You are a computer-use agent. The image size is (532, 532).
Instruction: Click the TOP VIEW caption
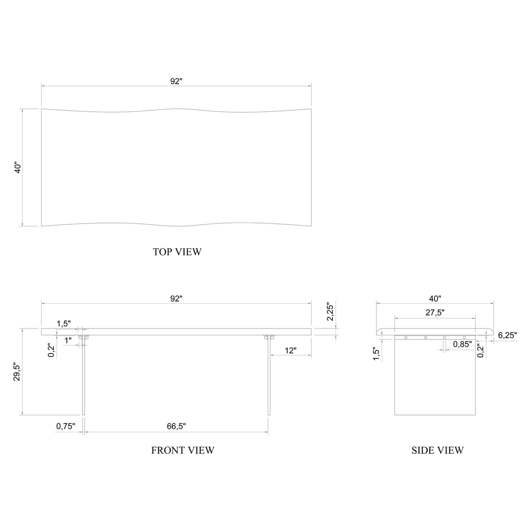tap(177, 252)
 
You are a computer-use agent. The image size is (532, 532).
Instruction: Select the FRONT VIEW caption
tap(183, 450)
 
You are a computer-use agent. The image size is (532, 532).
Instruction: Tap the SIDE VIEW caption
tap(437, 450)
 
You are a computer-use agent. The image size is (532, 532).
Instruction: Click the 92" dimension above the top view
tap(176, 81)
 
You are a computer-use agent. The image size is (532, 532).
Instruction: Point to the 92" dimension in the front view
tap(176, 298)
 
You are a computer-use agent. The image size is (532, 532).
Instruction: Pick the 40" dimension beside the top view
tap(18, 167)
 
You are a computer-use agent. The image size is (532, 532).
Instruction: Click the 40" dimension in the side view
tap(435, 298)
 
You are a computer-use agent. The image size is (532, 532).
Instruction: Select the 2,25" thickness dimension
tap(330, 313)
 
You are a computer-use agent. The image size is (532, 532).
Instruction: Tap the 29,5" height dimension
tap(17, 372)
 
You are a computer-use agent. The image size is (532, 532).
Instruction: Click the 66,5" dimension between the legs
tap(176, 426)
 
